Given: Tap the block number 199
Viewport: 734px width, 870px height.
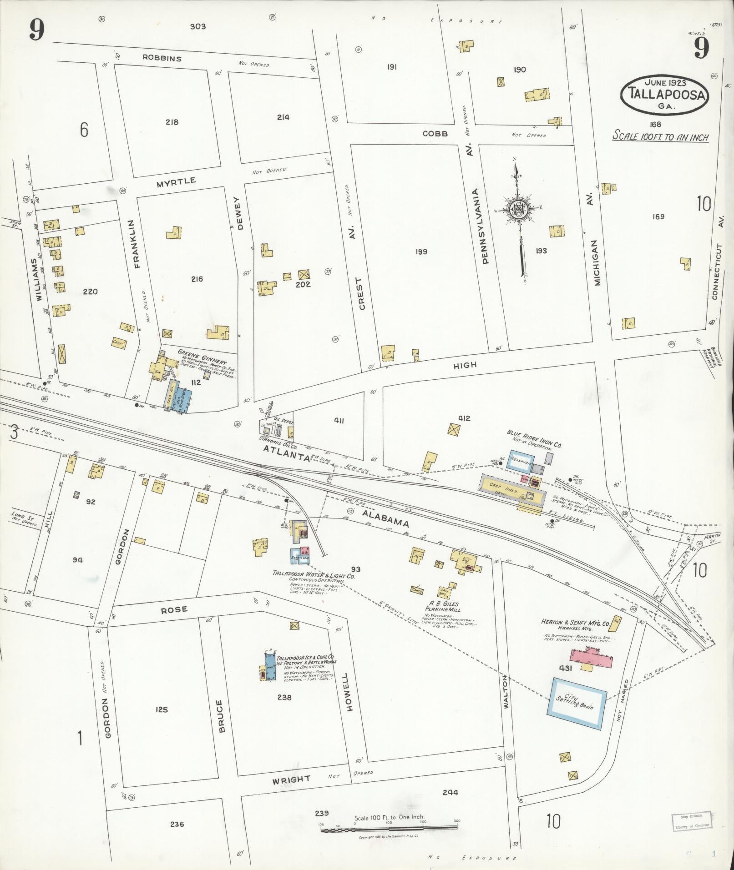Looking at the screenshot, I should coord(421,251).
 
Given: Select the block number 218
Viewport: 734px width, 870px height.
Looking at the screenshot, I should coord(172,122).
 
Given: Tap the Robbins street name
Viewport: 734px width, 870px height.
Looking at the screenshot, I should coord(162,58).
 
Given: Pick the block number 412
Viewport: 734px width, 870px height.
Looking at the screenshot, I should coord(464,418).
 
